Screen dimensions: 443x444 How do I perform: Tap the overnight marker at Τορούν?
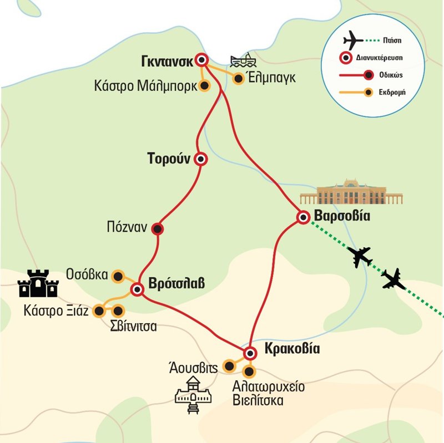click(x=201, y=159)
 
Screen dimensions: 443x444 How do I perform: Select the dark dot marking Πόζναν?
click(x=158, y=228)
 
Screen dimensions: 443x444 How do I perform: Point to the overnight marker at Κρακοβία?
click(x=250, y=353)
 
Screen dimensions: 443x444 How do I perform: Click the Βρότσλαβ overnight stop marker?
click(x=137, y=288)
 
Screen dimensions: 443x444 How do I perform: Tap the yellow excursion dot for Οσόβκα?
click(x=118, y=275)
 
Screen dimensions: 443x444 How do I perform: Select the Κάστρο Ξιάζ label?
click(x=56, y=311)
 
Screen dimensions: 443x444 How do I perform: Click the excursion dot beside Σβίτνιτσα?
click(x=118, y=311)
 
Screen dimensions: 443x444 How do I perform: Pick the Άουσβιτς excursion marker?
click(x=228, y=366)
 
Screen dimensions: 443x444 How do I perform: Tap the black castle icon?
click(x=38, y=284)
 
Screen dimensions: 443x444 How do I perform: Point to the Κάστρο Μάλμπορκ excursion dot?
click(x=204, y=86)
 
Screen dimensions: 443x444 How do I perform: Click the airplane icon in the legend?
click(x=354, y=40)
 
